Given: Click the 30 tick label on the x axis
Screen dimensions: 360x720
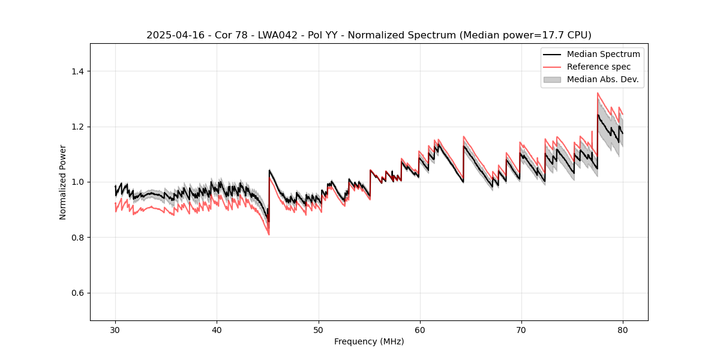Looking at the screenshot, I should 115,329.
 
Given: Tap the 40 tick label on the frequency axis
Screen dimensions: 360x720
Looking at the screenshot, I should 217,329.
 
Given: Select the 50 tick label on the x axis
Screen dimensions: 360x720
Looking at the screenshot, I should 318,329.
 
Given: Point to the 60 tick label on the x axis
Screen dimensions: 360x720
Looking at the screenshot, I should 420,329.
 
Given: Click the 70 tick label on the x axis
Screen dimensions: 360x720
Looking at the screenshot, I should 521,329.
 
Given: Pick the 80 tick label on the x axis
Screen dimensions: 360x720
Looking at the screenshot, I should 623,329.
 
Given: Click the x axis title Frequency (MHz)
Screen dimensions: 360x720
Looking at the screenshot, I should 369,341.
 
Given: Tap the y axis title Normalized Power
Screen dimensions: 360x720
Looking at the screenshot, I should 63,182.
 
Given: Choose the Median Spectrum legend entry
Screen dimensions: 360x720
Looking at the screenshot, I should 603,54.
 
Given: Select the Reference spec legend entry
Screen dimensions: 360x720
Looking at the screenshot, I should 599,67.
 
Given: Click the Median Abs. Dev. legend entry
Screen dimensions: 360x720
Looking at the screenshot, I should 602,79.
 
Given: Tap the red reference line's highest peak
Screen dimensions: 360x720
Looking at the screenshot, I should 598,93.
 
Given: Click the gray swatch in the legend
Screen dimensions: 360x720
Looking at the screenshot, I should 552,79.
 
